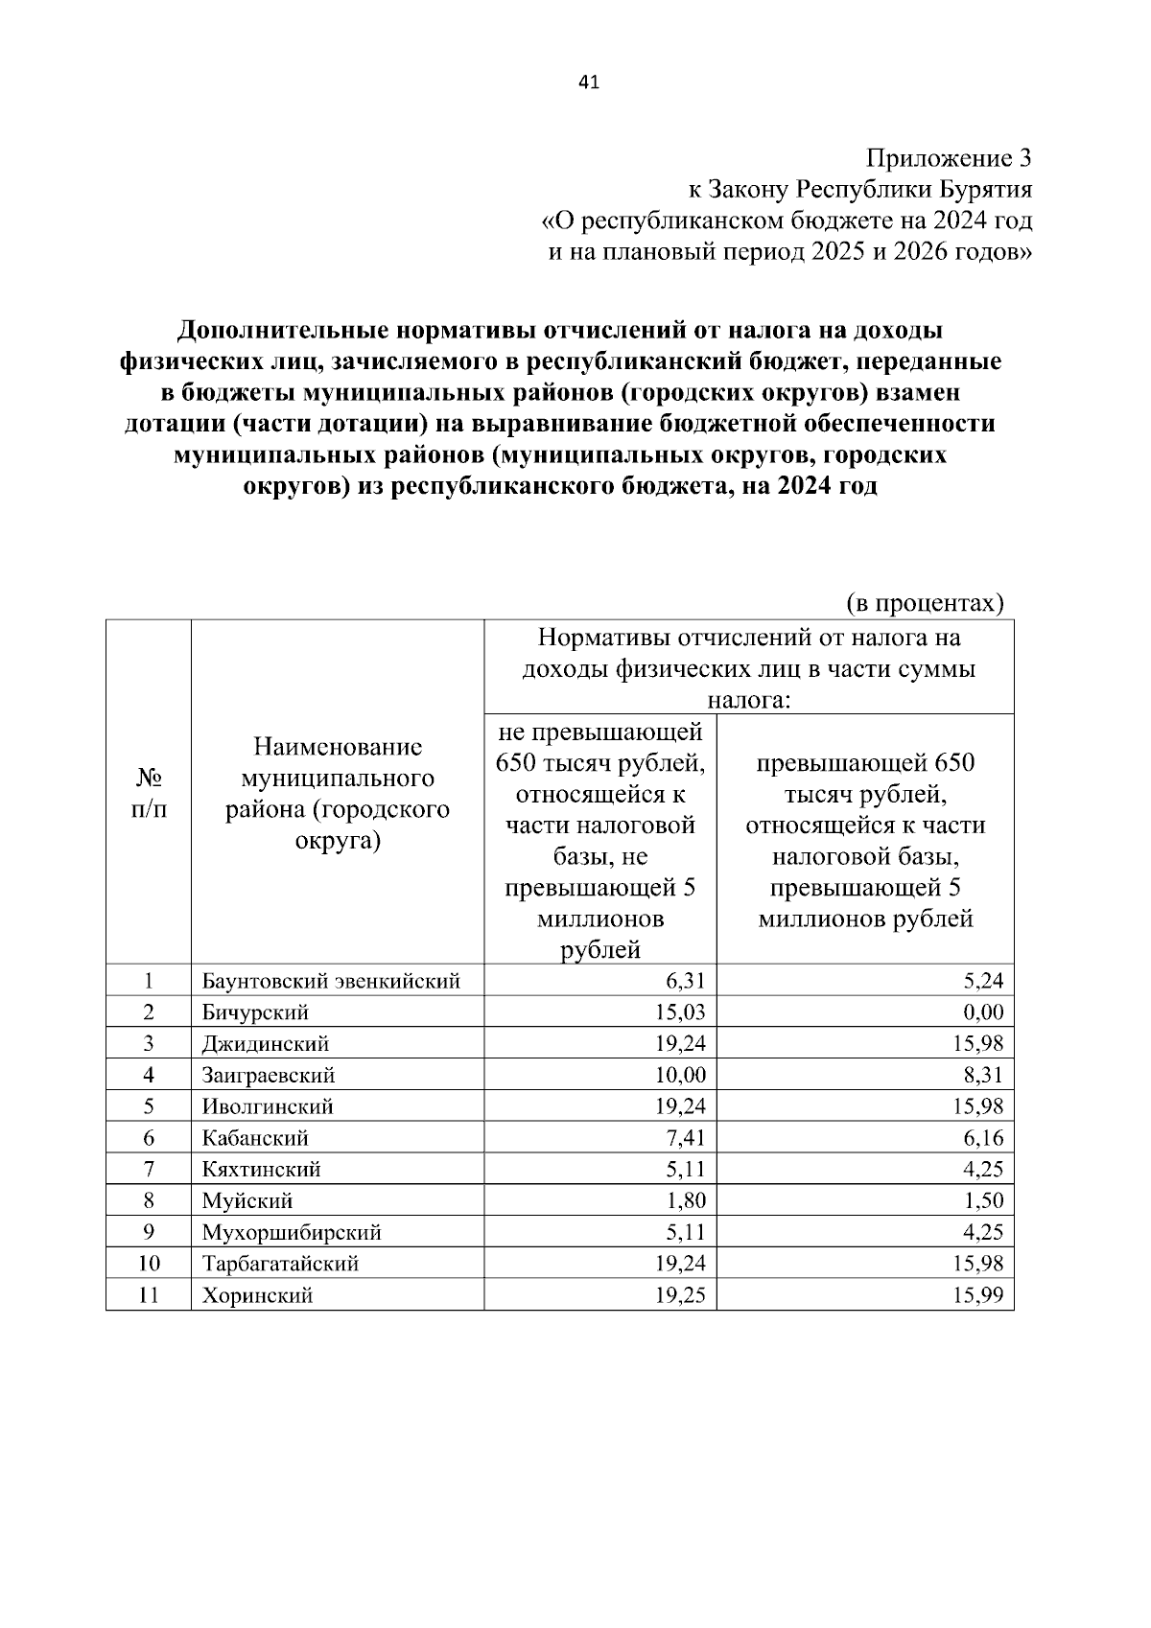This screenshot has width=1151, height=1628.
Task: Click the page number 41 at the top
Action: click(589, 83)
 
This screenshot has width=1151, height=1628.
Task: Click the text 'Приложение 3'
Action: click(949, 158)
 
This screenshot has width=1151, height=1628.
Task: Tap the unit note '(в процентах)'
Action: click(925, 602)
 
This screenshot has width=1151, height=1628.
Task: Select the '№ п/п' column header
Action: click(148, 791)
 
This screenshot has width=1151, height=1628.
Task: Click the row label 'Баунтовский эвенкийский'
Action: click(331, 981)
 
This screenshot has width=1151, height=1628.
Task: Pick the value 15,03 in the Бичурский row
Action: click(680, 1012)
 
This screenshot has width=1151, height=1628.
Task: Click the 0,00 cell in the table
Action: click(981, 1012)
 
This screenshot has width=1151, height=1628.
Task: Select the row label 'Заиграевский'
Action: click(269, 1076)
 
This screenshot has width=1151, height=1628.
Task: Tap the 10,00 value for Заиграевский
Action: click(680, 1076)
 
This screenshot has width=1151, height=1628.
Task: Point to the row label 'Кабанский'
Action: click(255, 1139)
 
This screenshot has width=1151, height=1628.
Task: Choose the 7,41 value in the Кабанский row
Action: click(685, 1139)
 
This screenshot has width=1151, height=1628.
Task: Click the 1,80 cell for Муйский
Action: click(685, 1201)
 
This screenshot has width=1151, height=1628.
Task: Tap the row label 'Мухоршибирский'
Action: click(292, 1233)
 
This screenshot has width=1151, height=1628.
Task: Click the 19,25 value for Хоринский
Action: click(680, 1296)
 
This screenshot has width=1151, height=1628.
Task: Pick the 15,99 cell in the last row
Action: click(977, 1296)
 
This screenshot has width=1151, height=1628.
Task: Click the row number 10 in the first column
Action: click(148, 1265)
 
